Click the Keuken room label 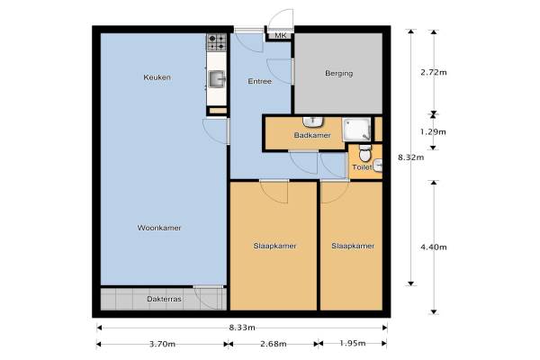point(157,77)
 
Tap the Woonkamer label point(159,228)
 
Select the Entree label point(260,81)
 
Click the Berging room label point(339,74)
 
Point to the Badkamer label point(312,135)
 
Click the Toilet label point(362,167)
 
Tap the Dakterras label point(165,299)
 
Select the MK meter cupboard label point(280,35)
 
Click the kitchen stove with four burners point(217,42)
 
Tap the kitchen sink point(217,79)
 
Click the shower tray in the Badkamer point(356,130)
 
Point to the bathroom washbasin point(312,121)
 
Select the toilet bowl point(365,153)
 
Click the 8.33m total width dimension point(242,328)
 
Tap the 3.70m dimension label point(162,344)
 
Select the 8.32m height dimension point(411,157)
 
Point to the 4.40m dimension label point(434,247)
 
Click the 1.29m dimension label point(433,132)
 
